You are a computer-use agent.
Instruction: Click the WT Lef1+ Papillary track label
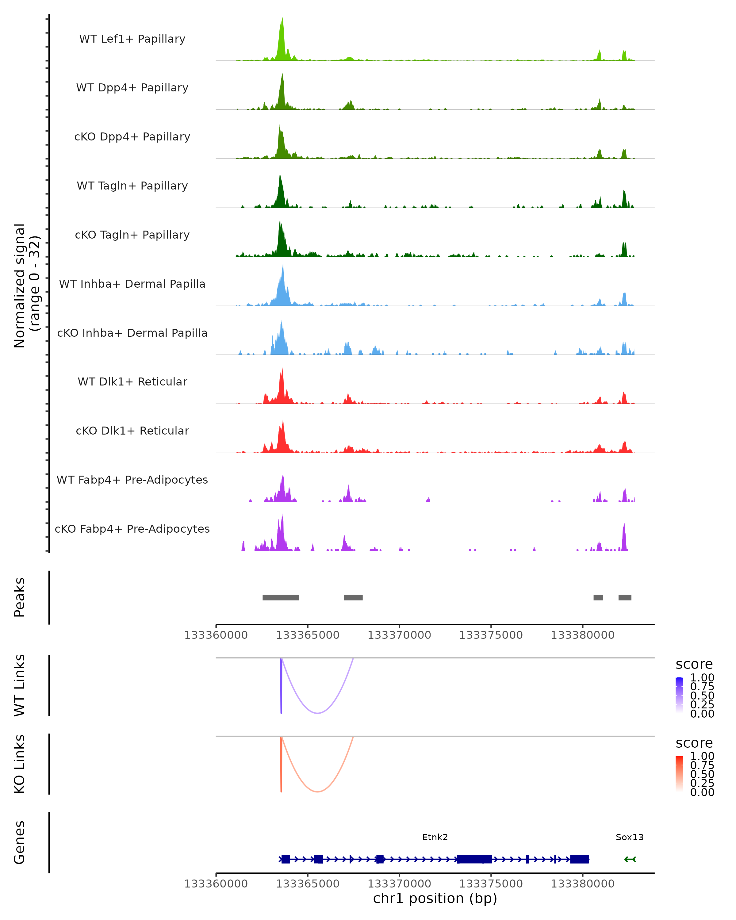[x=132, y=39]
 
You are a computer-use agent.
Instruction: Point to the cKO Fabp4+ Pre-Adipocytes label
[x=132, y=529]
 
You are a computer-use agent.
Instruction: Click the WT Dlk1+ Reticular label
[x=132, y=381]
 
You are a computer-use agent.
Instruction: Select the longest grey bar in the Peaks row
[x=281, y=597]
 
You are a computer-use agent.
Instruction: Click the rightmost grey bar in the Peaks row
[x=625, y=597]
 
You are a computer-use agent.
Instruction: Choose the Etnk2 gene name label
[x=435, y=837]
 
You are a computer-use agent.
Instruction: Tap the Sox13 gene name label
[x=629, y=837]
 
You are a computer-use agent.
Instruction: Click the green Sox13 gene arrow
[x=630, y=859]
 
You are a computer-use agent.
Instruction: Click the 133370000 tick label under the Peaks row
[x=399, y=635]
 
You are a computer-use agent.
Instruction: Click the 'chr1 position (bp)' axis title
[x=435, y=899]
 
